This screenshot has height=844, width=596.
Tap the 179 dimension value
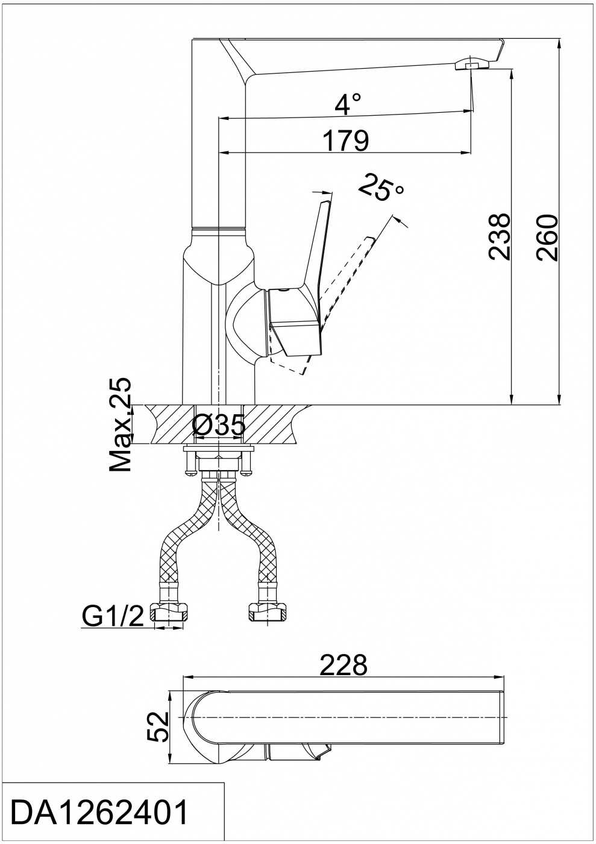click(x=347, y=141)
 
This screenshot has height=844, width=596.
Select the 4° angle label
click(x=348, y=104)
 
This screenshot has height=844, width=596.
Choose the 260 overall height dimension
click(x=547, y=238)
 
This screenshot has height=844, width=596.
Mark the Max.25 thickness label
click(x=120, y=424)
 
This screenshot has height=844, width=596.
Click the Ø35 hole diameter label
click(x=219, y=424)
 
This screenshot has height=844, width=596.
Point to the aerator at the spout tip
click(x=472, y=64)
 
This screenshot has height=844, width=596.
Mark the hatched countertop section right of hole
click(x=274, y=424)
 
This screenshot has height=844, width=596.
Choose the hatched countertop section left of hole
click(x=169, y=424)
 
